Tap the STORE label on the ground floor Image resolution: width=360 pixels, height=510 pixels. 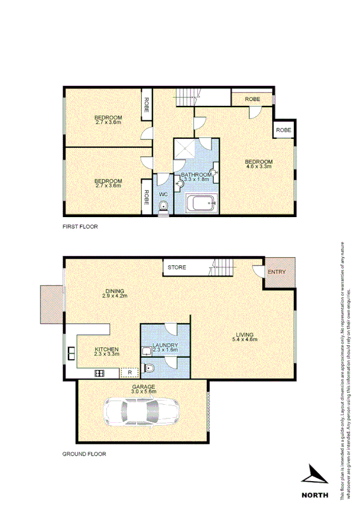176,266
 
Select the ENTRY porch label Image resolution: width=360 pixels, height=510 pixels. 277,271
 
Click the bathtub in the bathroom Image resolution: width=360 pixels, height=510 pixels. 201,204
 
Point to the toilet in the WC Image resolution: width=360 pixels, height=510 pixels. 163,206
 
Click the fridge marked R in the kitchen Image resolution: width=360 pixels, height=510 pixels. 130,372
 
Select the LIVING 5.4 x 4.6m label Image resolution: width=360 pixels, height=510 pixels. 245,337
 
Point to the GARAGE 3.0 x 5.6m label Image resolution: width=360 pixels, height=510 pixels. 144,389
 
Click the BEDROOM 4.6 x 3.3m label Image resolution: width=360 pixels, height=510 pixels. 258,164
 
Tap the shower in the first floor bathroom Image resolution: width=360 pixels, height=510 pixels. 186,150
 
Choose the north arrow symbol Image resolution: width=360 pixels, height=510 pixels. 316,475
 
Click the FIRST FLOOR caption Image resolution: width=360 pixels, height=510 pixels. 80,227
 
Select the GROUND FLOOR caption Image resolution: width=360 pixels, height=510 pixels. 84,454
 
